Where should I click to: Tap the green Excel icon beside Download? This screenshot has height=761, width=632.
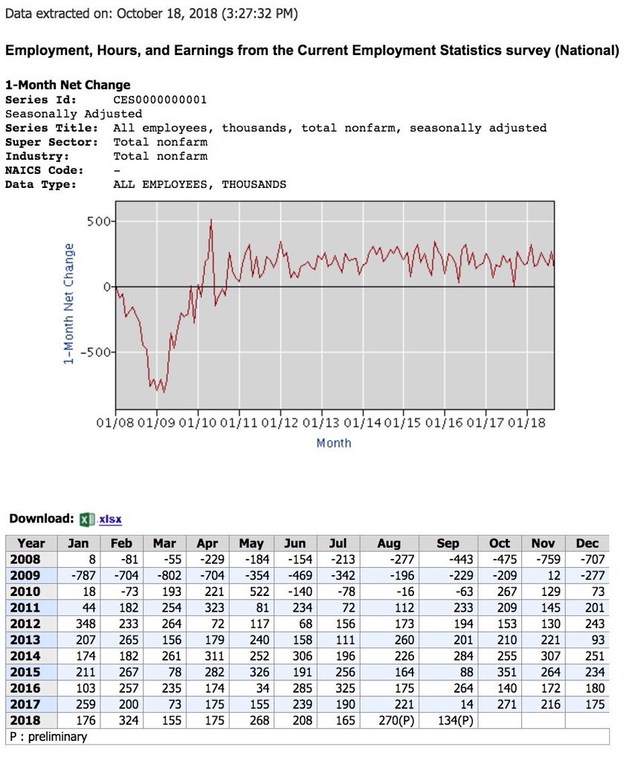88,519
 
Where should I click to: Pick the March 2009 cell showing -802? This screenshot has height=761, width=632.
164,575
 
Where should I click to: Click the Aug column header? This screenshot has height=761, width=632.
389,543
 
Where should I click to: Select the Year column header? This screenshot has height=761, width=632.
30,543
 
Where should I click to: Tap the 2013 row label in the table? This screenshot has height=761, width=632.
25,640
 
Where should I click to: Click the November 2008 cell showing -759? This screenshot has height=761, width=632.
544,559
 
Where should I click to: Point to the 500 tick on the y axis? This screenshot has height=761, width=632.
103,221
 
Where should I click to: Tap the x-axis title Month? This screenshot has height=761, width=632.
334,443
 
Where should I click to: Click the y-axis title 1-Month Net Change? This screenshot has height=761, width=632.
69,303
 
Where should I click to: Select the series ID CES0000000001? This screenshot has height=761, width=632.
160,100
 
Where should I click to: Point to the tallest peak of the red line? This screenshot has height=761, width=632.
211,219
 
